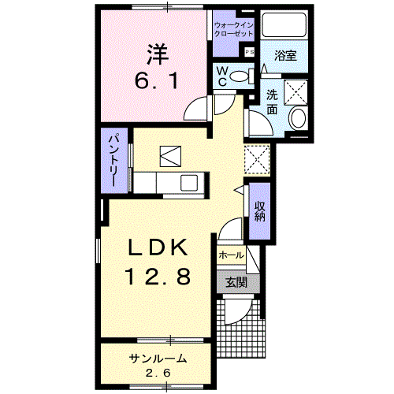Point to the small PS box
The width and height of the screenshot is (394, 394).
[x=250, y=52]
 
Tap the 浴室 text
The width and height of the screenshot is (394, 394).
[x=284, y=56]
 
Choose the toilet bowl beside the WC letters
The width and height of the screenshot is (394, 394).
[x=243, y=76]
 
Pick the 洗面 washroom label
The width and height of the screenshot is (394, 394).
[x=273, y=102]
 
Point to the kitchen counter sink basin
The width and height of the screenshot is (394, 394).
[x=190, y=183]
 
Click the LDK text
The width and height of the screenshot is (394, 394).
[x=158, y=249]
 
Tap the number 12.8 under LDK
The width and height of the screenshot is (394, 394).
[x=157, y=277]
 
